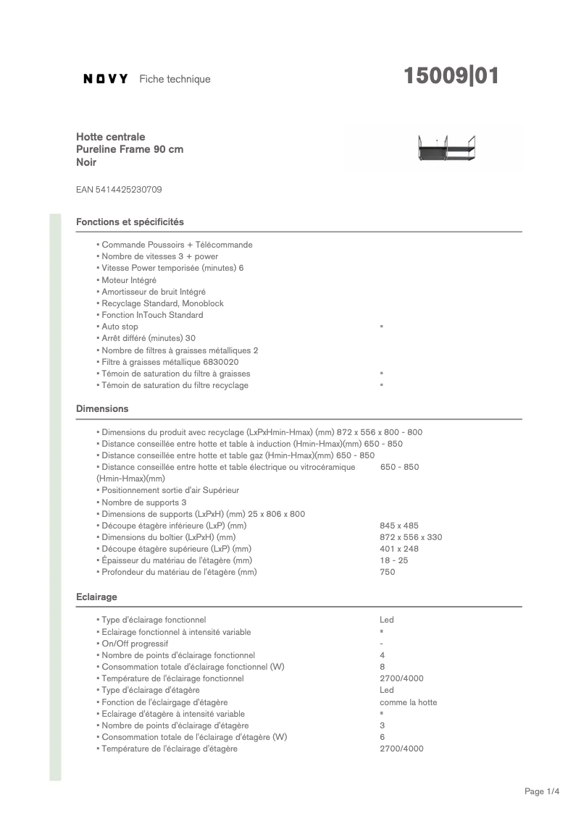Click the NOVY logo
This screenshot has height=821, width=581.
point(106,79)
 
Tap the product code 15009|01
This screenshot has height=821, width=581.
point(451,77)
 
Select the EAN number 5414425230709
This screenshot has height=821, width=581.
point(119,190)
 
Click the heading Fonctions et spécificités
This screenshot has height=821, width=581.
point(130,222)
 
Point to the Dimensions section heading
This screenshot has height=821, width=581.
point(102,409)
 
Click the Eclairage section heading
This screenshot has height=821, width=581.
point(96,597)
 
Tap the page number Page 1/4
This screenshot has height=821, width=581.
point(542,791)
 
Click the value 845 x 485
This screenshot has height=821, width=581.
point(399,526)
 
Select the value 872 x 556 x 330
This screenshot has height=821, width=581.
point(411,537)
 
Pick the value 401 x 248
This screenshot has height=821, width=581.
point(399,549)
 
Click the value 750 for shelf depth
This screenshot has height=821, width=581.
point(388,572)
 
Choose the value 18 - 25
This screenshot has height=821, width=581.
point(393,560)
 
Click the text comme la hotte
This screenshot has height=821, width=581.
point(408,702)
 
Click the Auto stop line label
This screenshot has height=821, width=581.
point(120,327)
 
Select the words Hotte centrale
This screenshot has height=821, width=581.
point(111,137)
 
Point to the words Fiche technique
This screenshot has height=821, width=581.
point(175,79)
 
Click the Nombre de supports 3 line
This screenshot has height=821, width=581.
point(143,502)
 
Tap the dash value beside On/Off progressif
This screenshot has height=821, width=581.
point(382,644)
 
